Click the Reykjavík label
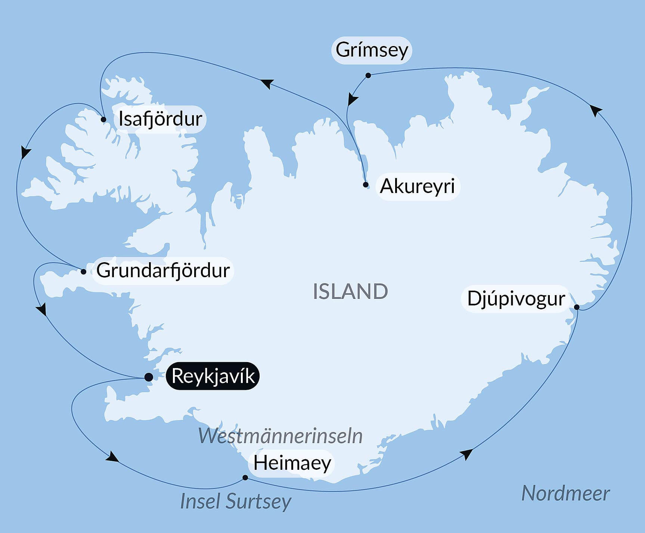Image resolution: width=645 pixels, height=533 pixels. point(213,376)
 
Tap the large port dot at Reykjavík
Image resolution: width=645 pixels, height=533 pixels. point(149,377)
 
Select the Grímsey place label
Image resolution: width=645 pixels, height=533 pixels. point(372,50)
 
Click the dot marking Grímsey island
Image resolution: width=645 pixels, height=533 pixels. point(368,76)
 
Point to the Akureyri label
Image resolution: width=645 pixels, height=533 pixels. point(417,186)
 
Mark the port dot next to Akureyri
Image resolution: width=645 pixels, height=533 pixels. point(366,184)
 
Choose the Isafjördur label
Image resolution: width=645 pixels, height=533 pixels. point(160,119)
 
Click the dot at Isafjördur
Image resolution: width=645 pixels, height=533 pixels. point(103,120)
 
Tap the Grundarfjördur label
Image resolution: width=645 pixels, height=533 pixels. point(163,270)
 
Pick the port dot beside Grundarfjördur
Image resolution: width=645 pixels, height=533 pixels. point(83,272)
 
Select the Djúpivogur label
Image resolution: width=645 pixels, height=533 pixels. point(516,298)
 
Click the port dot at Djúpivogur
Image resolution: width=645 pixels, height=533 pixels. point(576,307)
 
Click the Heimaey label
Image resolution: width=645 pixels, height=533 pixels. point(292,463)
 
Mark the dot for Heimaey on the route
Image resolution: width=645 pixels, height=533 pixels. point(245,477)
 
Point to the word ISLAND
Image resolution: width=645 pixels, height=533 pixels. point(350,291)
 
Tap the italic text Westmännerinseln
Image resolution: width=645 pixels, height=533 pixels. point(280,436)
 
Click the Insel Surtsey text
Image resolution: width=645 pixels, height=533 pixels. point(235,501)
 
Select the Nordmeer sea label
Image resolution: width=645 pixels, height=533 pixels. point(565,493)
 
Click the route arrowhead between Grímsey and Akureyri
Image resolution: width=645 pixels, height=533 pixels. point(352,99)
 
